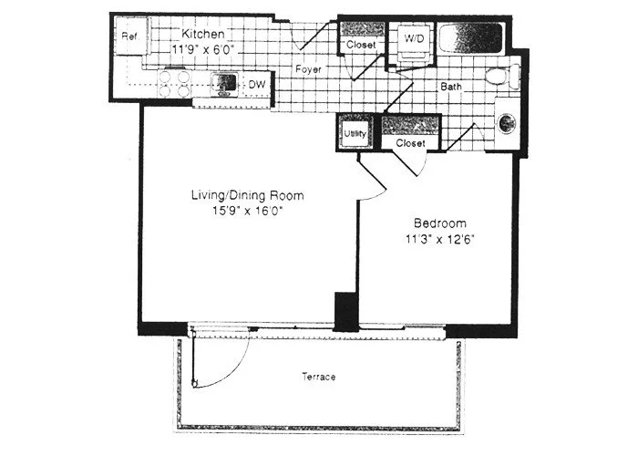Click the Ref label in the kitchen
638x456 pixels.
pos(129,36)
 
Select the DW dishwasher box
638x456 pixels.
pos(258,85)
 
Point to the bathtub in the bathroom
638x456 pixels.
pos(470,41)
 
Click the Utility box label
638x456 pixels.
pos(355,134)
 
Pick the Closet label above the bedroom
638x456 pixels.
pos(411,142)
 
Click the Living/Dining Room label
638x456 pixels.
pos(246,195)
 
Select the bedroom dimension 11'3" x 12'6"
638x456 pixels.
pos(439,240)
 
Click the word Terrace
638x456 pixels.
pos(317,377)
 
